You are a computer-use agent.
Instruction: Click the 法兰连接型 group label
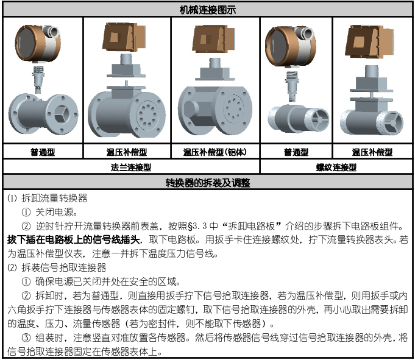pyautogui.click(x=131, y=166)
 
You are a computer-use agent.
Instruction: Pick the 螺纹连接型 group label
pyautogui.click(x=336, y=166)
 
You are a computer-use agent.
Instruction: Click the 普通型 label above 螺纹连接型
pyautogui.click(x=296, y=152)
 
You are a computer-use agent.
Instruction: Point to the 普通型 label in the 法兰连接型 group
pyautogui.click(x=43, y=152)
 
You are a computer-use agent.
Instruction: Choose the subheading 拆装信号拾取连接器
pyautogui.click(x=63, y=267)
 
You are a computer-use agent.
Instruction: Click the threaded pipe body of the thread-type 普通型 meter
pyautogui.click(x=295, y=116)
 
